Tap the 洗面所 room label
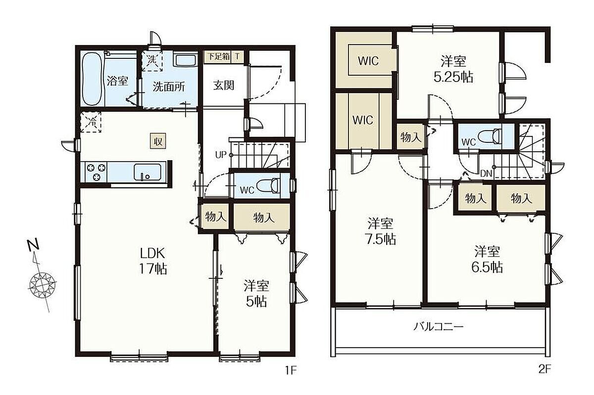[x=169, y=87]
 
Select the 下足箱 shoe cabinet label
[x=218, y=56]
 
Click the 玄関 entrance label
[x=224, y=86]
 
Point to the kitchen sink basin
[x=148, y=172]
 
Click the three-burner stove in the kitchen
[x=96, y=172]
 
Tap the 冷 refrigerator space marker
[x=91, y=122]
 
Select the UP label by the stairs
[x=220, y=155]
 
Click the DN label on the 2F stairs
[x=486, y=174]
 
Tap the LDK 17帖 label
[x=153, y=261]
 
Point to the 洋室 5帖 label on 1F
[x=256, y=294]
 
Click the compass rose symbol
[x=43, y=286]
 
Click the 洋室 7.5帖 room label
[x=381, y=232]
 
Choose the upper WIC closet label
[x=368, y=61]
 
